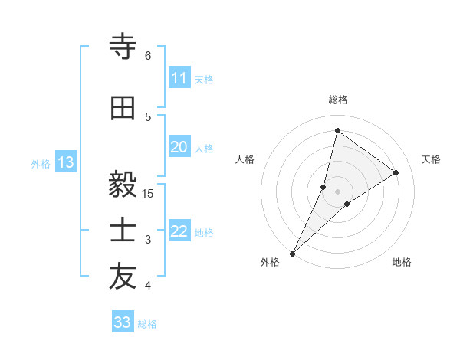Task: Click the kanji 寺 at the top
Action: [123, 47]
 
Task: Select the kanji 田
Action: [123, 109]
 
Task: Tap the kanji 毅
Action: [123, 185]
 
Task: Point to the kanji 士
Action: [123, 231]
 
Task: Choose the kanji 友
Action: [123, 277]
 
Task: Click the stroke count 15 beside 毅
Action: [148, 193]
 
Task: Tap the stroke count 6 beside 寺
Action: [147, 56]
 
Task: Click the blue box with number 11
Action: [179, 78]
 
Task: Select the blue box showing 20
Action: [179, 147]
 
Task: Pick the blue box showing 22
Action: [179, 232]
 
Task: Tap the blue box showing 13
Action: [65, 162]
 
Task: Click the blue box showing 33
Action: [122, 322]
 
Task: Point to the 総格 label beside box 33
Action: [147, 324]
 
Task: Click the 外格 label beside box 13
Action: [40, 163]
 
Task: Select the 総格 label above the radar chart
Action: [337, 100]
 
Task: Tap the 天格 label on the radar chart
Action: [432, 159]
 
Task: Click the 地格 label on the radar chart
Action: [402, 262]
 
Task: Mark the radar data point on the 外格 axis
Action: [292, 253]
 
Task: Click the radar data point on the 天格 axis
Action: [396, 172]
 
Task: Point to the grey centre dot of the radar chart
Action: [337, 191]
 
